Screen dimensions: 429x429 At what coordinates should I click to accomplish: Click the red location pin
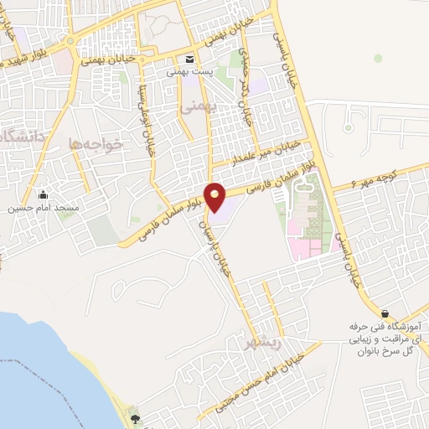point(215,198)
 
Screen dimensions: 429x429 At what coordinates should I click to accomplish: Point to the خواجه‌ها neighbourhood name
point(96,144)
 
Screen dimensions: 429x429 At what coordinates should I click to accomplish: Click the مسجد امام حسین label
point(43,207)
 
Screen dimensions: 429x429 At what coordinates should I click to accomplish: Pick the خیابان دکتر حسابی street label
point(246,88)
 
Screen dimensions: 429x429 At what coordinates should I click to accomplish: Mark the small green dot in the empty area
point(378,58)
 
